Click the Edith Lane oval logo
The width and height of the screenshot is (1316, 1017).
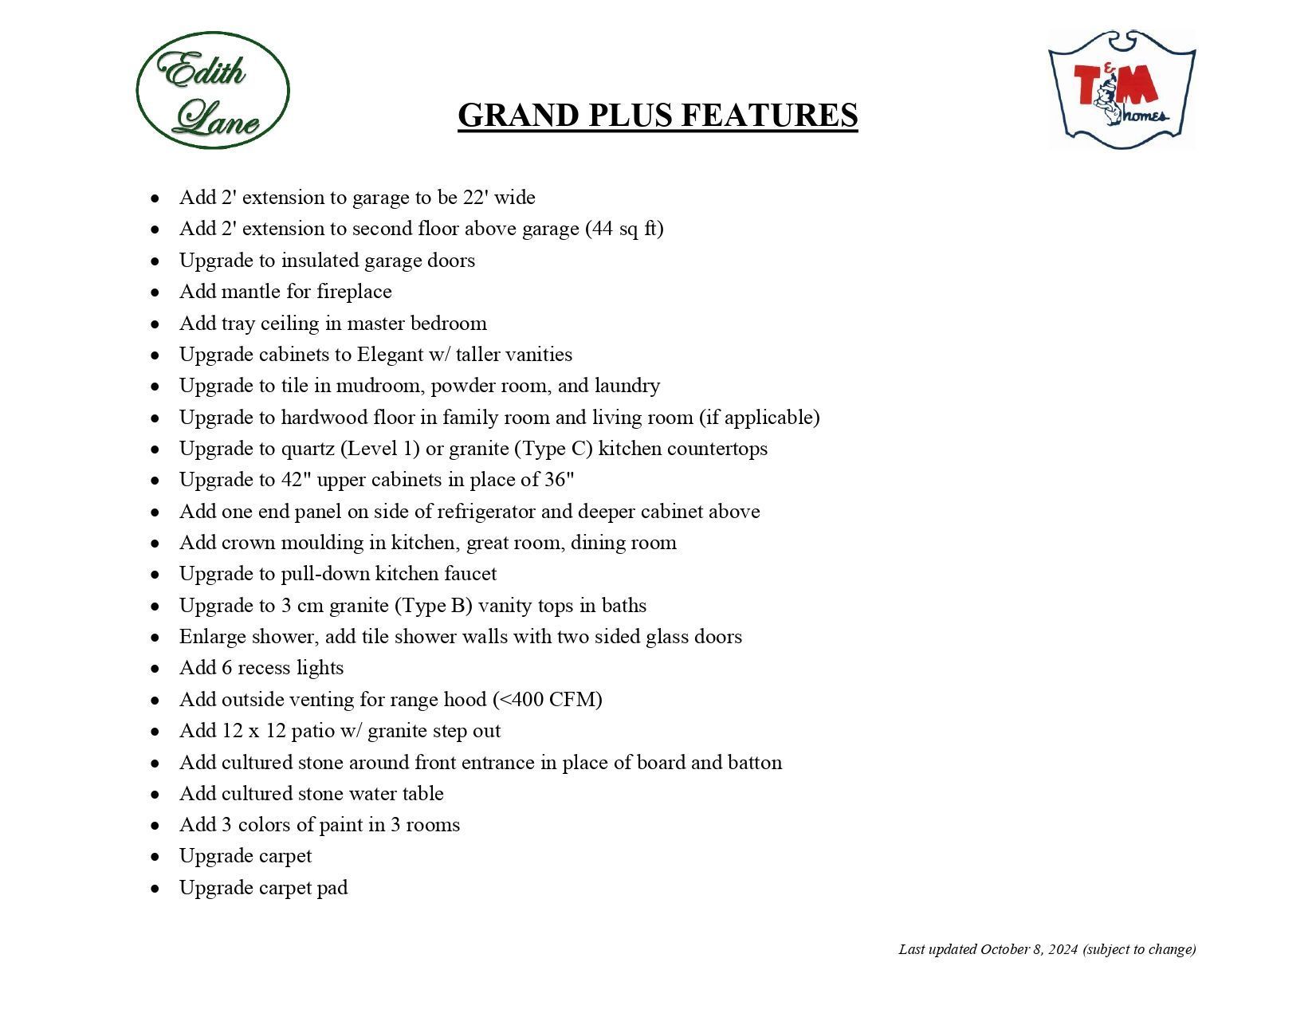pos(212,90)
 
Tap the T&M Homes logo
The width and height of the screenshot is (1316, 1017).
pos(1122,89)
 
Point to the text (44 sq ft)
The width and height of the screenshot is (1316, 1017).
pos(624,229)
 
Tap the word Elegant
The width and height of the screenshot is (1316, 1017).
pos(391,355)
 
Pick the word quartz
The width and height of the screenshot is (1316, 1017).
pos(308,449)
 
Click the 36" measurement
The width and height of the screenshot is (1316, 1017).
pos(559,480)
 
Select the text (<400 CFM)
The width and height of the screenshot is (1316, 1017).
pos(548,700)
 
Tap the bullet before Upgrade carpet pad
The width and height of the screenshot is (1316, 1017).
pos(155,889)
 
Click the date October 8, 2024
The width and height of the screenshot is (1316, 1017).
pos(1029,949)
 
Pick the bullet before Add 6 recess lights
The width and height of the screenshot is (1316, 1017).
pos(155,669)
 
